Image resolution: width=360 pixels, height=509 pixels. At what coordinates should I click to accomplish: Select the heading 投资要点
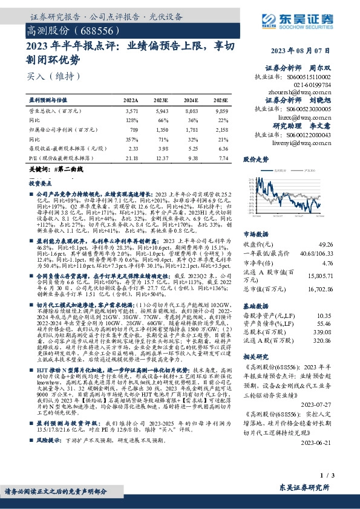click(42, 182)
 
